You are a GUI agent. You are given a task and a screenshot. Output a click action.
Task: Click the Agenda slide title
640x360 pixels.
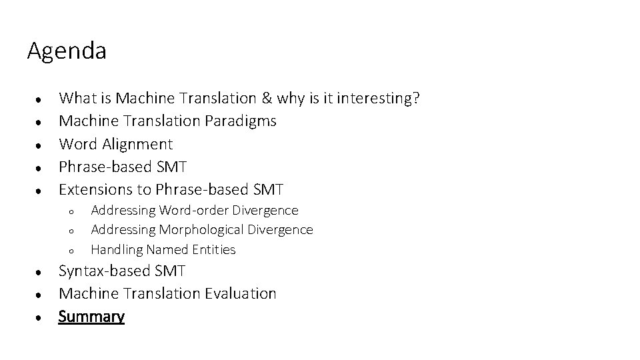[67, 51]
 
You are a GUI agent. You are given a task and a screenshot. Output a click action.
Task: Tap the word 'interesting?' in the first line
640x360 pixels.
[379, 99]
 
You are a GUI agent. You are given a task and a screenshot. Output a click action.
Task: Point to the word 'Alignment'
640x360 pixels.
[139, 144]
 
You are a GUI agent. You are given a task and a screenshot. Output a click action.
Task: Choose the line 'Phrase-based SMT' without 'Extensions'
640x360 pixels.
[123, 167]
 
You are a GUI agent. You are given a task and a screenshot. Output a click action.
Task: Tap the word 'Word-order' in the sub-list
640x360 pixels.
[193, 211]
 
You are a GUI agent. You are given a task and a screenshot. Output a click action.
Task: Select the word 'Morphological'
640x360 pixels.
[202, 230]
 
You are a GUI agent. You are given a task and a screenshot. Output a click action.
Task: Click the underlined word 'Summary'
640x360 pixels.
[91, 316]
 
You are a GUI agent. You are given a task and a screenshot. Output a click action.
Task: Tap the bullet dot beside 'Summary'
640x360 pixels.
[41, 317]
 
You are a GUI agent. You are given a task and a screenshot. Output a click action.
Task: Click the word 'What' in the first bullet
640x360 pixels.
[77, 99]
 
